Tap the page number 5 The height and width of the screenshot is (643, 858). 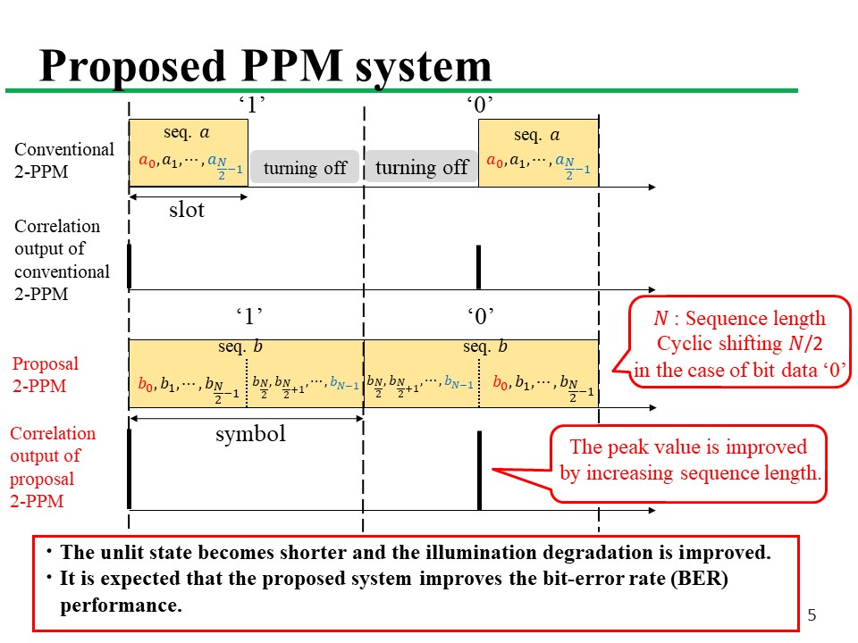[812, 614]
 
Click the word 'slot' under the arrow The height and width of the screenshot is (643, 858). [187, 210]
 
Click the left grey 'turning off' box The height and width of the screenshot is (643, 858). [305, 167]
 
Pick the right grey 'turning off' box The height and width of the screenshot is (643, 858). [422, 167]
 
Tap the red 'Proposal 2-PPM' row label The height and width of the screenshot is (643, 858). [45, 374]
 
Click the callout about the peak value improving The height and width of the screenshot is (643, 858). [689, 460]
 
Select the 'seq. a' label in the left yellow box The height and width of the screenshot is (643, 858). [187, 132]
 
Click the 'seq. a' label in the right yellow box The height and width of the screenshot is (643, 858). [537, 135]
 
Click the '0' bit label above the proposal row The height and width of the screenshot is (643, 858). [480, 315]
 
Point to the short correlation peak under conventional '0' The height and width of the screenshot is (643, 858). [479, 266]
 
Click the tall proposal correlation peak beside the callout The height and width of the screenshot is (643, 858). [480, 470]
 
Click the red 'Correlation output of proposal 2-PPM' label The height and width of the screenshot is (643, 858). [52, 467]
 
